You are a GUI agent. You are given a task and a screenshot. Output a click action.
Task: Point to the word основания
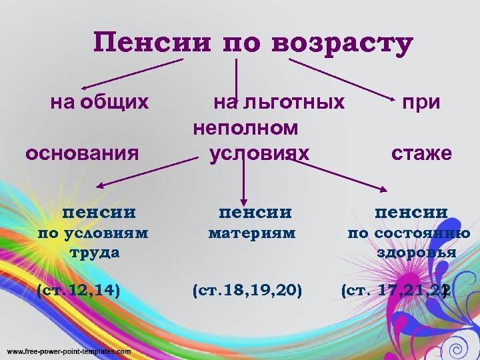(82, 154)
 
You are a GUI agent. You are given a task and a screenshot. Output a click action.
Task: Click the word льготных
(294, 103)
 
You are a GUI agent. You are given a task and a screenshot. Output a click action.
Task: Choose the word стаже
(421, 154)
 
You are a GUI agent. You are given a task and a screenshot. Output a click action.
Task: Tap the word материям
(252, 233)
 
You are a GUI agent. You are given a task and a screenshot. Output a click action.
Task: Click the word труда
(94, 252)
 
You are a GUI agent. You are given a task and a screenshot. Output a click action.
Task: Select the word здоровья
(417, 253)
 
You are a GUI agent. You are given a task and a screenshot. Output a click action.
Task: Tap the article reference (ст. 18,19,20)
(247, 290)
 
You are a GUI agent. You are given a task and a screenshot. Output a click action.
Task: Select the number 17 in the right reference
(389, 290)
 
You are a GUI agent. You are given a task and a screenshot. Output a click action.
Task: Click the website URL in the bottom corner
(69, 351)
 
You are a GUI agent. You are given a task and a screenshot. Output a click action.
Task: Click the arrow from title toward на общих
(130, 73)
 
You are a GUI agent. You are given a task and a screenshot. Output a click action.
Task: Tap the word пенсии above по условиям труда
(99, 213)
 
